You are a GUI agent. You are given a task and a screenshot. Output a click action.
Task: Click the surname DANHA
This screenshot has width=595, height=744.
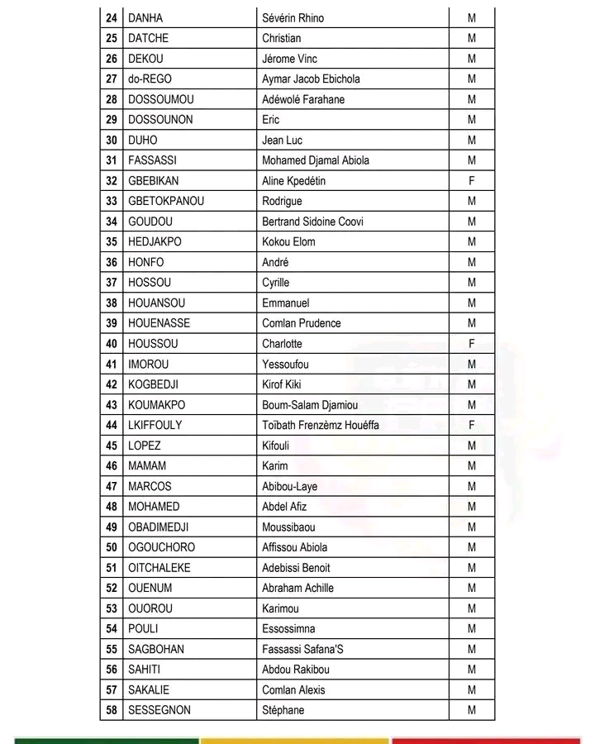tap(145, 18)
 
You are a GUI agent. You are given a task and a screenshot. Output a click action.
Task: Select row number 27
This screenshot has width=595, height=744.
tap(112, 79)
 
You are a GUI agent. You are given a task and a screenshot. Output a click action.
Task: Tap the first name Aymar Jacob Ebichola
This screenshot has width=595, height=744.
tap(311, 79)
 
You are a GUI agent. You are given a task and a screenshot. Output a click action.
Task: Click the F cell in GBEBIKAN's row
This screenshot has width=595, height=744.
tap(472, 181)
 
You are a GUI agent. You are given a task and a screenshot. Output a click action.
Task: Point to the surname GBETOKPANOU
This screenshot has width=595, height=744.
tap(166, 201)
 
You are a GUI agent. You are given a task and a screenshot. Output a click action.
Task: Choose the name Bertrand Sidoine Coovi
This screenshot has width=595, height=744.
tap(312, 222)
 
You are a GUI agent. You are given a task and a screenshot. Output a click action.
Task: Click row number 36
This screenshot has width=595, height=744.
tap(112, 262)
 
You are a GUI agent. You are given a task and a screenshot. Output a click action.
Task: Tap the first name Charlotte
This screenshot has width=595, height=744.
tap(282, 344)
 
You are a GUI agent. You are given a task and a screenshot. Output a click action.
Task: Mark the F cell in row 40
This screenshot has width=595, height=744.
tap(472, 344)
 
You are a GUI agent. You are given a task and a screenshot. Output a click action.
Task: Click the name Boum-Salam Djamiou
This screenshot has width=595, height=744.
tap(310, 405)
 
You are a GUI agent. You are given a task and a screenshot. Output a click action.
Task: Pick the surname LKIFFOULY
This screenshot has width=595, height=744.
tap(155, 425)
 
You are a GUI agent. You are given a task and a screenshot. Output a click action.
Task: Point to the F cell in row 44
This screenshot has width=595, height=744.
tap(472, 425)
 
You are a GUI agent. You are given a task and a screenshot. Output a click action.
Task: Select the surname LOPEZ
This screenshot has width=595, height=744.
tap(145, 446)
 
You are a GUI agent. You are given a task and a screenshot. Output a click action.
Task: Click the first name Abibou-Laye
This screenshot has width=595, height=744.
tap(289, 486)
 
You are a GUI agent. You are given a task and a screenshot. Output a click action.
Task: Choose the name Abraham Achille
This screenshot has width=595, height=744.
tap(297, 588)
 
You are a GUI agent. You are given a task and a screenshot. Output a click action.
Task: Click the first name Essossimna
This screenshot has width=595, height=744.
tap(288, 628)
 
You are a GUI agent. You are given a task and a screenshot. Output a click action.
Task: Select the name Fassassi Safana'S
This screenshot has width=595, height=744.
tap(302, 649)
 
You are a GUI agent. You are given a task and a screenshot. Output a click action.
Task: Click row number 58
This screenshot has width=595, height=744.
tap(112, 710)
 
